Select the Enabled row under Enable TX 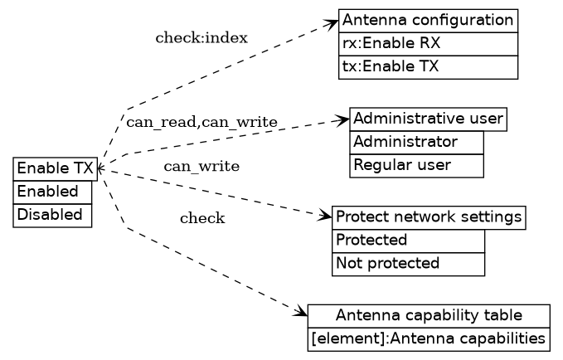52,192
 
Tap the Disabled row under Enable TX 52,215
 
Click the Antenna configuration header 428,20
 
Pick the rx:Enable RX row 428,43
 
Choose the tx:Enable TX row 428,66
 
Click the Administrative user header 428,119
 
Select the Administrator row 416,142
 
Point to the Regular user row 416,165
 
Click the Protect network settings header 428,217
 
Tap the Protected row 408,241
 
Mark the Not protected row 408,264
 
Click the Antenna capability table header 428,315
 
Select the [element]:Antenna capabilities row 428,338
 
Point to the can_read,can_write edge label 201,123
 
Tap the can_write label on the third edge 201,167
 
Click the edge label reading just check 202,219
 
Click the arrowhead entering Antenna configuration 333,22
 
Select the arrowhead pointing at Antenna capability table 302,313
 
